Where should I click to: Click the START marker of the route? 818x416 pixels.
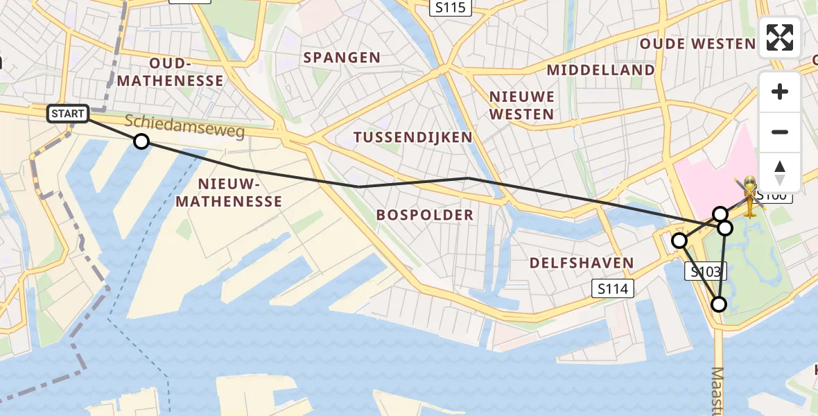[x=68, y=114]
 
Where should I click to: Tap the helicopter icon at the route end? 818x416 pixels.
[x=750, y=196]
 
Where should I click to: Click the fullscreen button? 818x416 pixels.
[x=780, y=37]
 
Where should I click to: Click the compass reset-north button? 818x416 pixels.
[x=780, y=172]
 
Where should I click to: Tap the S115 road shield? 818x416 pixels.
[x=450, y=8]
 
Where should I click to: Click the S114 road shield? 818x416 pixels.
[x=613, y=288]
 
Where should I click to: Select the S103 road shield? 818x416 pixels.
[x=706, y=271]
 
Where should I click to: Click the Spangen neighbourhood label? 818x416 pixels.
[x=342, y=58]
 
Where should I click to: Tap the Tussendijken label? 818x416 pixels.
[x=413, y=137]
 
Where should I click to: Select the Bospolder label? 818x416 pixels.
[x=425, y=215]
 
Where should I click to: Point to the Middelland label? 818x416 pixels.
[x=600, y=70]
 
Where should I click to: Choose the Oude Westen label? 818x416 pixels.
[x=697, y=44]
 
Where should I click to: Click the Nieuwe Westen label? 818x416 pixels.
[x=521, y=105]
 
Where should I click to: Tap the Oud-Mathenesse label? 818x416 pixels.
[x=170, y=72]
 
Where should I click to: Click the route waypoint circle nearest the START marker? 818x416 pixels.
[x=141, y=141]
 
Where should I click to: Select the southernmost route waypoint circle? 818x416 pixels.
[x=719, y=304]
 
